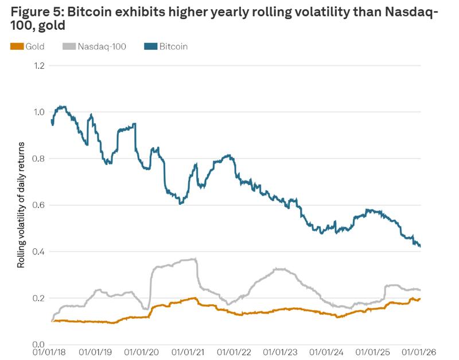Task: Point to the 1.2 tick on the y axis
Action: coord(38,65)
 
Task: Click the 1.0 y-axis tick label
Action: coord(38,112)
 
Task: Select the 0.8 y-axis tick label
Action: coord(38,159)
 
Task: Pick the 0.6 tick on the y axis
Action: coord(38,205)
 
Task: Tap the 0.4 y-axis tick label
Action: coord(38,252)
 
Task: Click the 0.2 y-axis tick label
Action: coord(38,298)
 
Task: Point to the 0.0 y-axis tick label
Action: coord(38,345)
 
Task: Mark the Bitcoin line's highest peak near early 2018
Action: coord(60,107)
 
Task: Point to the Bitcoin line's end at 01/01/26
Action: coord(421,246)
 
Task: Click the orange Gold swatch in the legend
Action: coord(17,46)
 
